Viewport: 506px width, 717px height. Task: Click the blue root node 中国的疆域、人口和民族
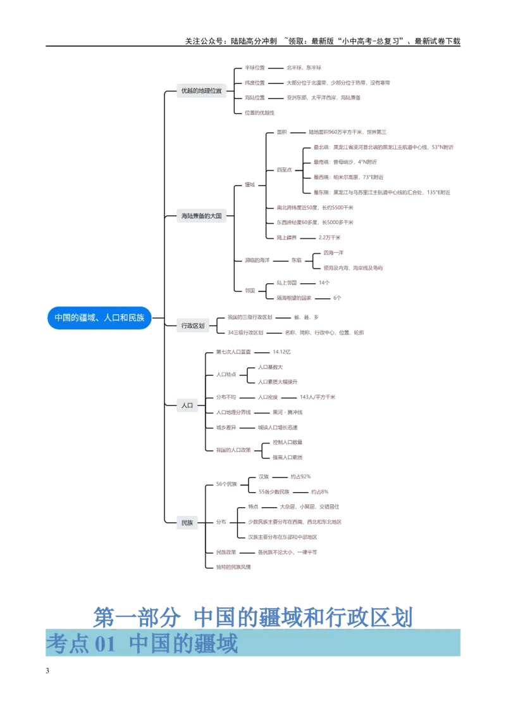click(99, 318)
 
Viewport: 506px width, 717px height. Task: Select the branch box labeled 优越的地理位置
click(201, 91)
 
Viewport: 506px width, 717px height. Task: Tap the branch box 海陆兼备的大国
click(201, 216)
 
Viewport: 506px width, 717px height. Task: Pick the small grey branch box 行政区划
click(192, 326)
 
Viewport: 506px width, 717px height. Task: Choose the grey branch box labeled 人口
click(187, 404)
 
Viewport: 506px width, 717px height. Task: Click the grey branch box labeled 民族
click(187, 523)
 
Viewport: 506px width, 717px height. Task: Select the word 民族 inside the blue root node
click(136, 318)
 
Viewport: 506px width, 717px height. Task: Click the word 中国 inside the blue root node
click(62, 318)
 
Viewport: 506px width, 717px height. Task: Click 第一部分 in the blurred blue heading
click(137, 616)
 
